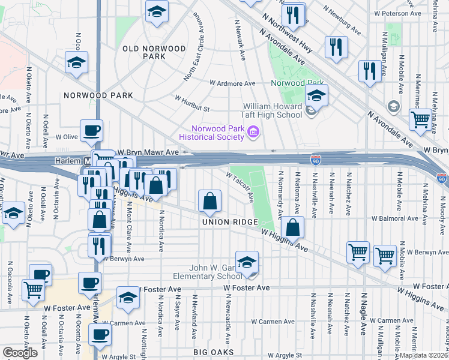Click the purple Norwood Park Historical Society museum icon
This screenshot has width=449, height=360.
[x=253, y=133]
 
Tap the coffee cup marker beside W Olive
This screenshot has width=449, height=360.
[x=91, y=130]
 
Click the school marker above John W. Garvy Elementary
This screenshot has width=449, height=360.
[x=246, y=262]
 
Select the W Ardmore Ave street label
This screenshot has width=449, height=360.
[x=232, y=83]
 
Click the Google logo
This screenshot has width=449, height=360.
[x=20, y=353]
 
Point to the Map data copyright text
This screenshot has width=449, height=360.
[x=424, y=355]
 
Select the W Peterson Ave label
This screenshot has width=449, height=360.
[x=414, y=13]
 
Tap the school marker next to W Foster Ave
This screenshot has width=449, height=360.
[x=128, y=298]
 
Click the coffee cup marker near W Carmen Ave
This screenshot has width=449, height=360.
[x=100, y=334]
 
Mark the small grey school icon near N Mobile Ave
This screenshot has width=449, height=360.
[x=394, y=107]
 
